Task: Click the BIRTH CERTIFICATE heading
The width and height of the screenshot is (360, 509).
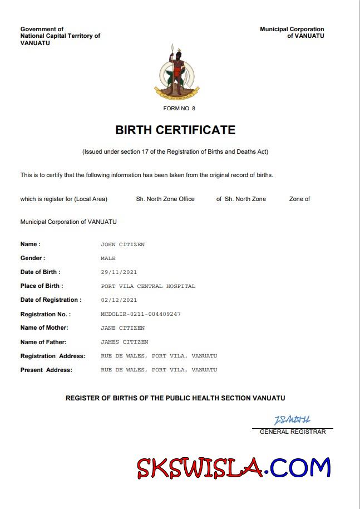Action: point(175,130)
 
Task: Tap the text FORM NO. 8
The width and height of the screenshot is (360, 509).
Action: point(179,109)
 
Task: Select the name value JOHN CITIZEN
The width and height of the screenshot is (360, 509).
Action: point(122,244)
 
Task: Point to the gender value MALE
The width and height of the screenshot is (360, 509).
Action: point(108,258)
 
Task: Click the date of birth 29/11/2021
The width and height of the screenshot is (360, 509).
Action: point(119,272)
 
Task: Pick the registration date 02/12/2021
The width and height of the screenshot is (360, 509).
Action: point(119,300)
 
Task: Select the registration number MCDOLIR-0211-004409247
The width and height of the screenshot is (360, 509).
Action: point(141,314)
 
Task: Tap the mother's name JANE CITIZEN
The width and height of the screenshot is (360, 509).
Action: point(122,328)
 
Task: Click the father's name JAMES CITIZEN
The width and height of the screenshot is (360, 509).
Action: point(124,342)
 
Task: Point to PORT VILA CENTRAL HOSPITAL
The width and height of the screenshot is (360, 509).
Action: point(148,286)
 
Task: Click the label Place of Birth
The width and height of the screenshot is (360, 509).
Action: point(42,286)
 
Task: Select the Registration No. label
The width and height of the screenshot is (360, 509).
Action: point(46,314)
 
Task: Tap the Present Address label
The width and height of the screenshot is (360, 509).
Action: point(46,370)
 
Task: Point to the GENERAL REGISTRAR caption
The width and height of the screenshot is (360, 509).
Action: point(293,432)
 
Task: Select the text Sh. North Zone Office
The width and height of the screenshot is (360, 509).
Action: point(165,199)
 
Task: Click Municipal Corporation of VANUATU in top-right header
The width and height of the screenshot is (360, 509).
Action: point(292,32)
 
